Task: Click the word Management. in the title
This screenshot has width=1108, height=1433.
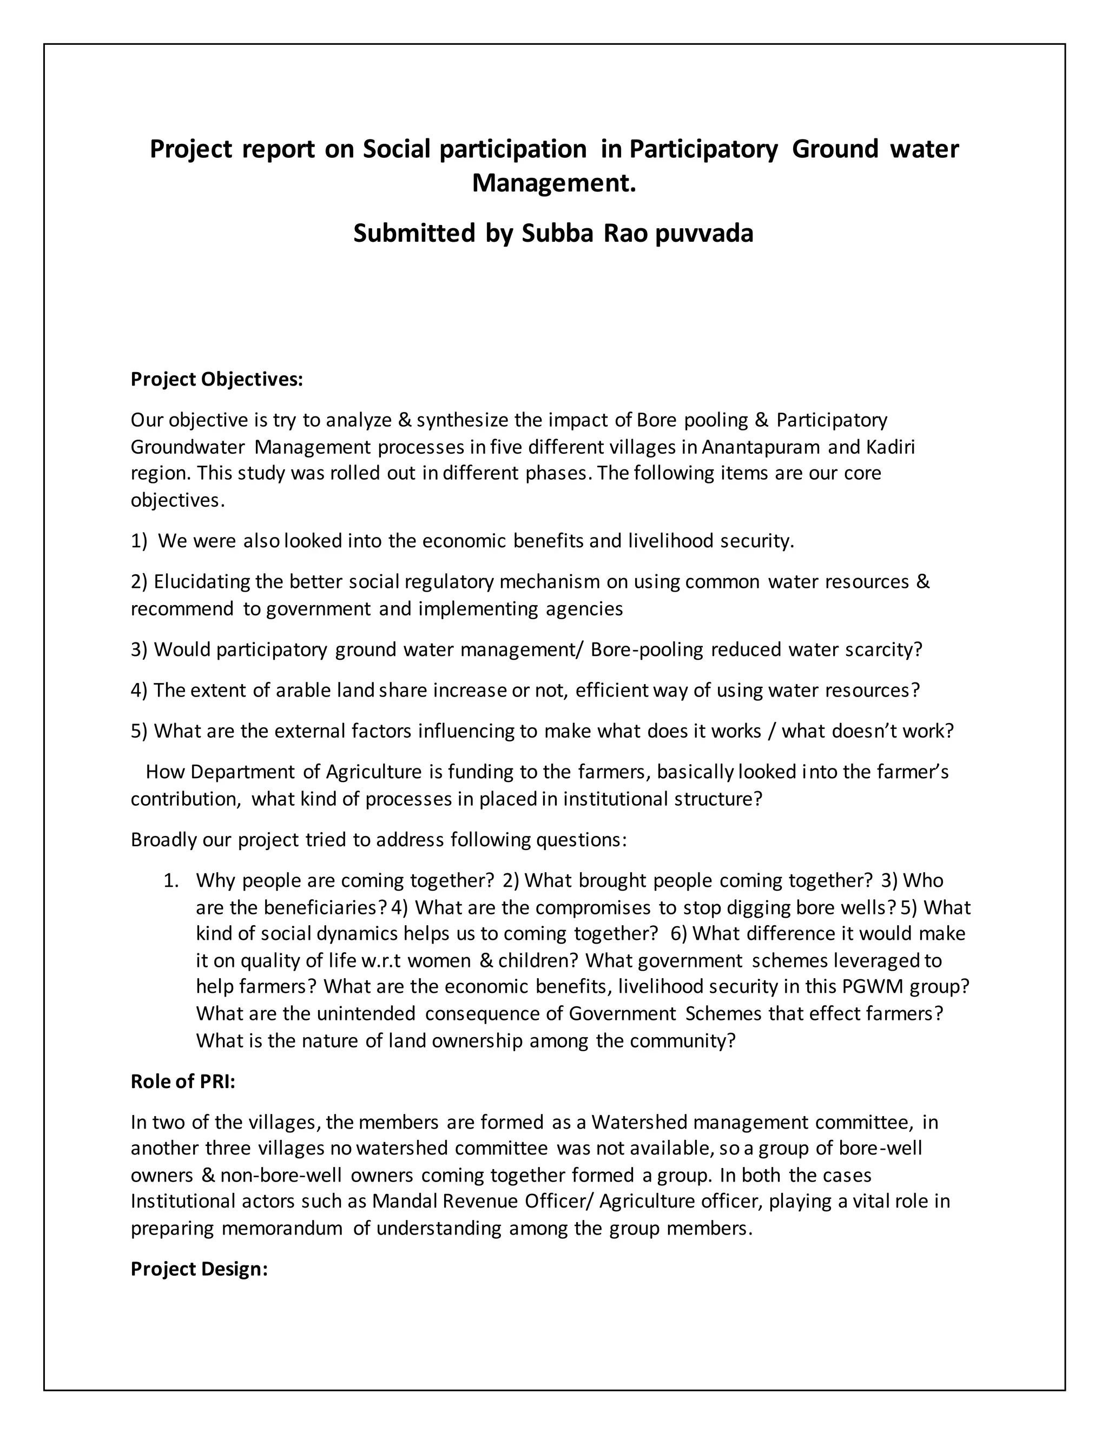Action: (554, 184)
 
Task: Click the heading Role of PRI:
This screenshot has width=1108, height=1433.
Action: (182, 1082)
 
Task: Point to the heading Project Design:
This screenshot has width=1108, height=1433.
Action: (199, 1269)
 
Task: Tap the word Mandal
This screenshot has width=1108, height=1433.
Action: (402, 1202)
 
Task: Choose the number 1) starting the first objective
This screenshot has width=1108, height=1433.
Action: (139, 541)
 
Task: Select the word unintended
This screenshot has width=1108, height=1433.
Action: (366, 1014)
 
